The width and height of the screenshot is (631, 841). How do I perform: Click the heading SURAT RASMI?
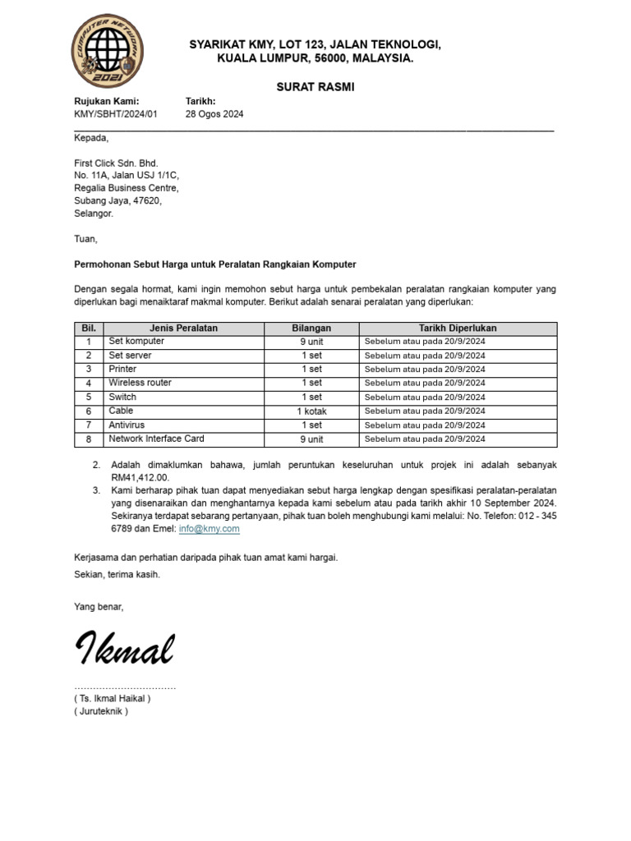coord(315,86)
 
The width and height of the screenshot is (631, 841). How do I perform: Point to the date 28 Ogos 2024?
coord(214,114)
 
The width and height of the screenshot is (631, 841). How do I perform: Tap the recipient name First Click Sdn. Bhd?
coord(116,163)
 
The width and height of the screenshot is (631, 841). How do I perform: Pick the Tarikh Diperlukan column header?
coord(458,328)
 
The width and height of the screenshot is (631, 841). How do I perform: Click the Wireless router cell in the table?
coord(140,383)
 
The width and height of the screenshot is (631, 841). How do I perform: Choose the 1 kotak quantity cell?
coord(311,411)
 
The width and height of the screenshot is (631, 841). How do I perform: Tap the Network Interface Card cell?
coord(156,439)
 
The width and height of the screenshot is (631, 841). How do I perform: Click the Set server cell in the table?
coord(131,355)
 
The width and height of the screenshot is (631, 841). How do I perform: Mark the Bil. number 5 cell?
coord(88,397)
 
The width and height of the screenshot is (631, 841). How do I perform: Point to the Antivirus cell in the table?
coord(127,425)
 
